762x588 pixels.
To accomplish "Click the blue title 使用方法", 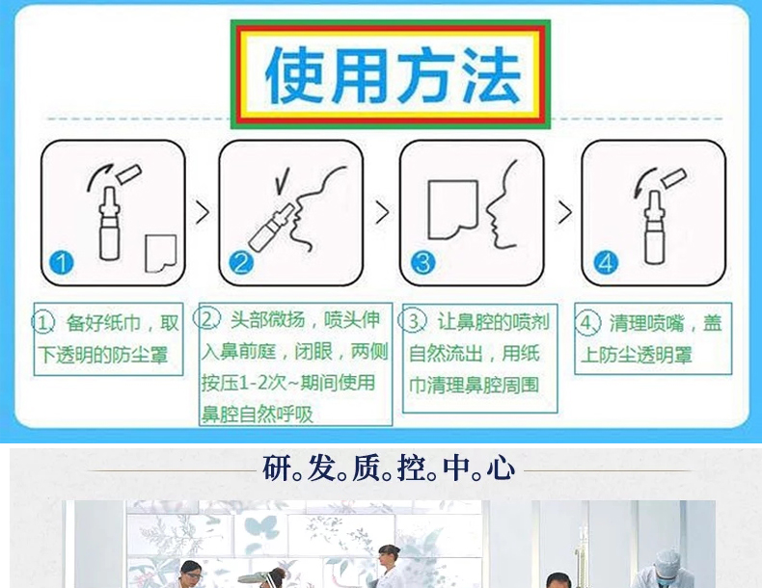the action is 393,74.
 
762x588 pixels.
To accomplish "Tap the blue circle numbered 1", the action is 61,263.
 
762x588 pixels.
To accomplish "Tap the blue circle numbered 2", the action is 241,263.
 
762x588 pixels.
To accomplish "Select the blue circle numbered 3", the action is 422,263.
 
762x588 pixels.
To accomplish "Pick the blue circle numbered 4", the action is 606,263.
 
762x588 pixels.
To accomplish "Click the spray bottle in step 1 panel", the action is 109,224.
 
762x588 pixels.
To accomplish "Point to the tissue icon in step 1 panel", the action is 161,254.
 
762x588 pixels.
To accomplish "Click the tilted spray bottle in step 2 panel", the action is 271,227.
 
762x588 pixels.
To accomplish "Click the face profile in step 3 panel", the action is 502,205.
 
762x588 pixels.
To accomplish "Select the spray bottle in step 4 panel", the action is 655,227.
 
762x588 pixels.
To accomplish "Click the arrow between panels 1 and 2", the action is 203,212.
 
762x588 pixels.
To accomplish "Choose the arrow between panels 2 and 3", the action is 383,212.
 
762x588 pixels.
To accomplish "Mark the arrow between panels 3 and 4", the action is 564,212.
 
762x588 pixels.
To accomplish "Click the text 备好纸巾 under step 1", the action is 103,323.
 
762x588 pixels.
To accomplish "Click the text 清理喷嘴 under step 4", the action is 647,323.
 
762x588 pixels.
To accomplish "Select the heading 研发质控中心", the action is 389,468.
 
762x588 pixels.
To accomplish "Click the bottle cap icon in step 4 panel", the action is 673,178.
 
